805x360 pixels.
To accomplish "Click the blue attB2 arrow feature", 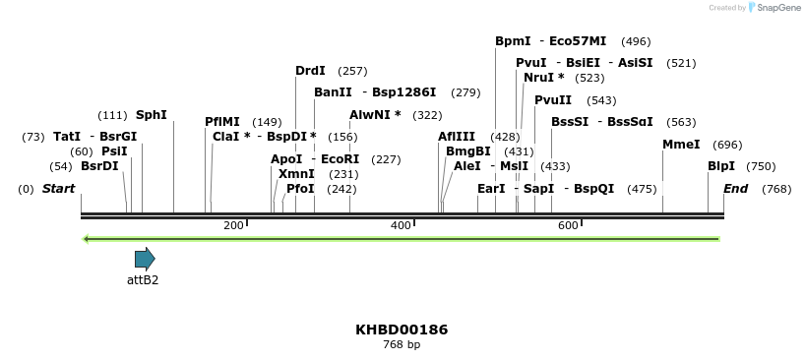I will pos(145,260).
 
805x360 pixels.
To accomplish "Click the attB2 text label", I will pos(143,279).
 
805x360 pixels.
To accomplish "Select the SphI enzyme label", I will pos(151,115).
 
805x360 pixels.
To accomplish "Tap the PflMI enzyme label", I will pos(221,122).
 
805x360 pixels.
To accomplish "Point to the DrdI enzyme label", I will pos(310,71).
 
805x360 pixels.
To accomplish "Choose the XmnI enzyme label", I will pos(296,174).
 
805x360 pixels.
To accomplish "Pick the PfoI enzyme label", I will pos(300,189).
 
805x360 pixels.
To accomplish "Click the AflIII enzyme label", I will pos(457,137).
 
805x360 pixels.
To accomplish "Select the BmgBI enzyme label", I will pos(467,151).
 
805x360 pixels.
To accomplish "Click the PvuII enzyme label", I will pos(553,100).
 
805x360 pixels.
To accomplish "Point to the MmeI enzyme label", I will pos(681,145).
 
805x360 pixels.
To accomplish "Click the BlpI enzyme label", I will pos(721,166).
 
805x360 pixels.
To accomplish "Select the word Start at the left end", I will pos(58,189).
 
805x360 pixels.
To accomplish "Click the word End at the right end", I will pos(736,189).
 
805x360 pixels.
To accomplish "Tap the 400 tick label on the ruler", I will pos(401,225).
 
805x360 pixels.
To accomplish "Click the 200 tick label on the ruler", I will pos(233,225).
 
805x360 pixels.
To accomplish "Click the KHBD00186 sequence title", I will pos(402,330).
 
